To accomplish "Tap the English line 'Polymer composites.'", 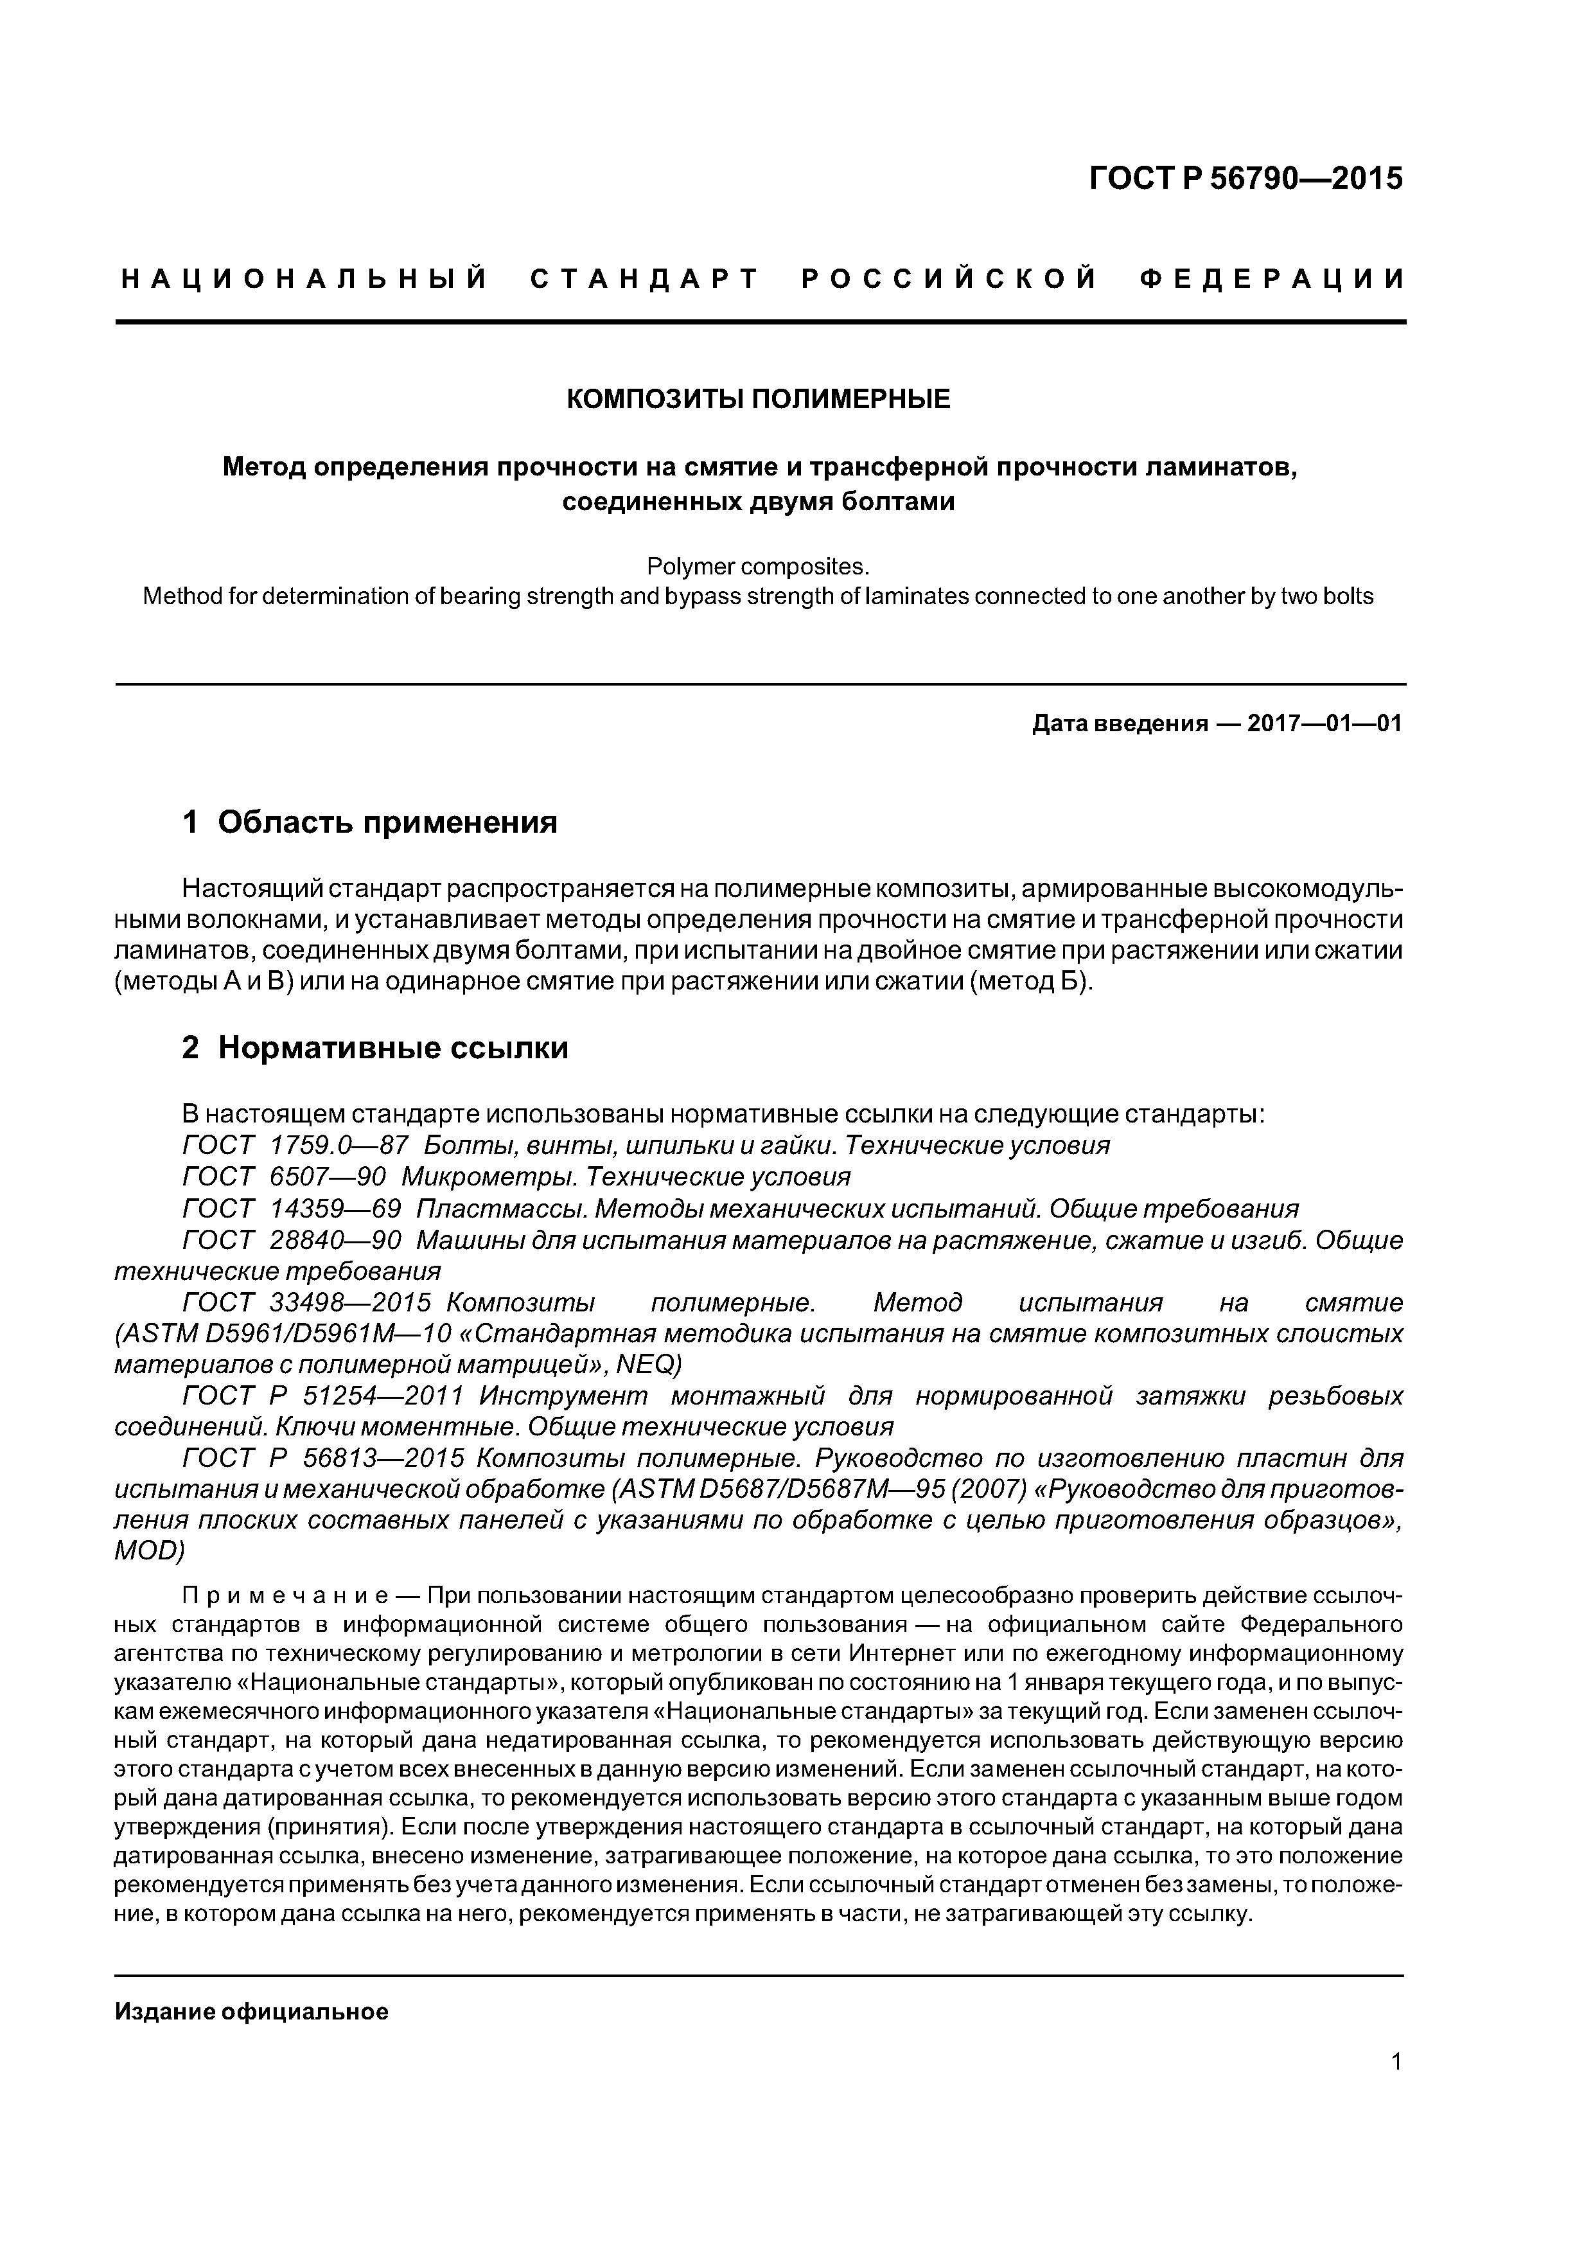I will pyautogui.click(x=759, y=567).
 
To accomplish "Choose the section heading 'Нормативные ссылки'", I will pyautogui.click(x=392, y=1049).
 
